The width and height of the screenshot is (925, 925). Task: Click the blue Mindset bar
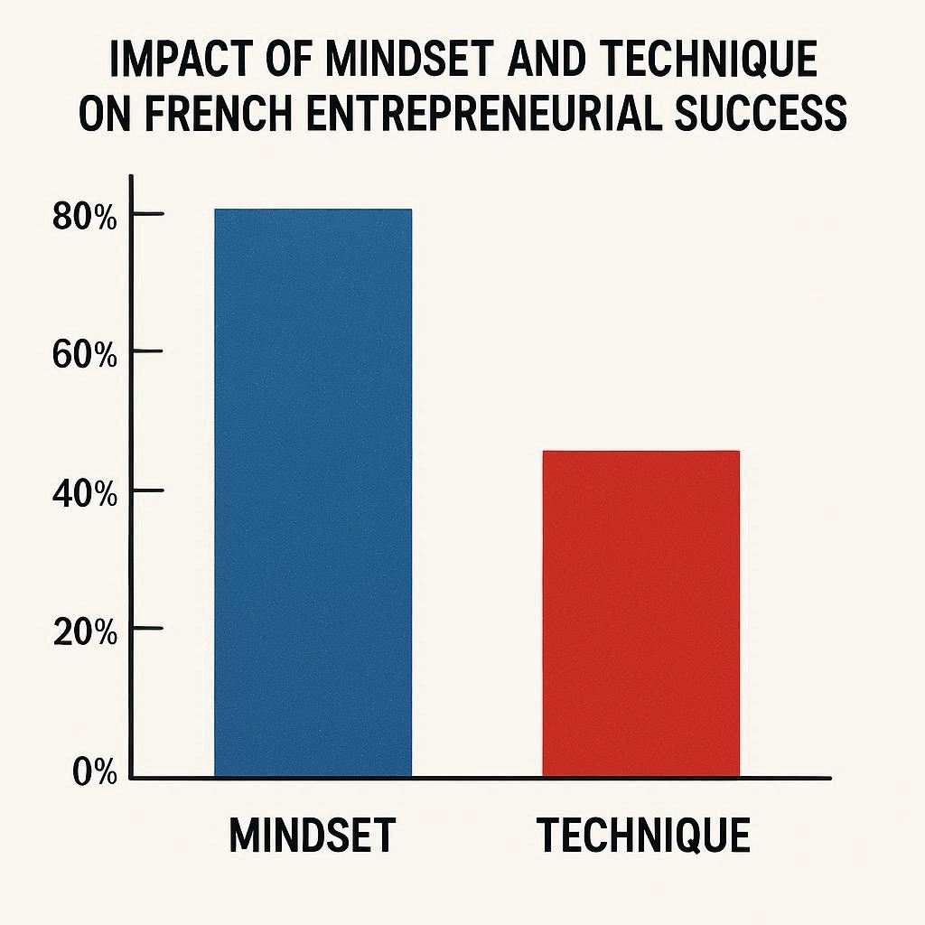(313, 492)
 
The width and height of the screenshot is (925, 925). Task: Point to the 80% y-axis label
(85, 218)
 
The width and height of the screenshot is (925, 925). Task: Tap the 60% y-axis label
(85, 355)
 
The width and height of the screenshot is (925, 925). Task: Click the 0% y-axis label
(94, 773)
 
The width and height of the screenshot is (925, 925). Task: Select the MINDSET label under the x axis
(312, 836)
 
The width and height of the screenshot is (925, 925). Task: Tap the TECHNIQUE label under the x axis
(644, 836)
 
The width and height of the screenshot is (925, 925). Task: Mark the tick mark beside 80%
(147, 214)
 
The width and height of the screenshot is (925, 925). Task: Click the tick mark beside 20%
(147, 628)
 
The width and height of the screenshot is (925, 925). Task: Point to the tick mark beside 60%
(147, 351)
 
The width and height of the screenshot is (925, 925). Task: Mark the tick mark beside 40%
(147, 491)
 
